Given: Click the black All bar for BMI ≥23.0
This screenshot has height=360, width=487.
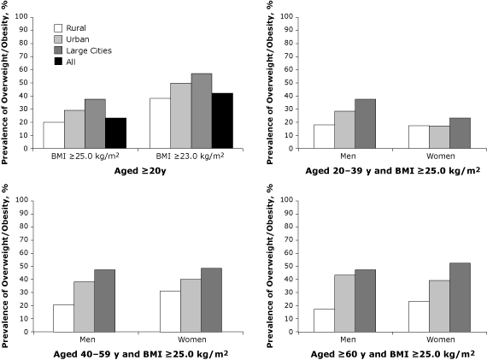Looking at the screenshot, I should coord(221,121).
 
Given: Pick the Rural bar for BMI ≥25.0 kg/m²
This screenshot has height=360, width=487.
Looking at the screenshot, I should coord(53,135).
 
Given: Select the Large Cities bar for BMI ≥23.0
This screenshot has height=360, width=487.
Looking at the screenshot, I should coord(201,110).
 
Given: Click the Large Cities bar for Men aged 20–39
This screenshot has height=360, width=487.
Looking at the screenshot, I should coord(365,124).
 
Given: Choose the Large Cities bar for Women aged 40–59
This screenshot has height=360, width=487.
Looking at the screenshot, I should coord(210,300).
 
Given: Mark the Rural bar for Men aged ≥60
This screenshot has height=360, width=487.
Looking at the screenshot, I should coord(324,321).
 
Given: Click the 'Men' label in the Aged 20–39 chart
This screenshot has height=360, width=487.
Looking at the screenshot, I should coord(344,156).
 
